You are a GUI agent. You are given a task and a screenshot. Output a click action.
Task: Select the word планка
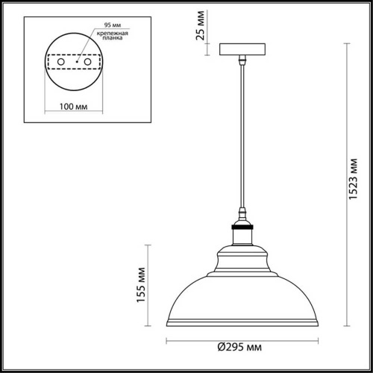(107, 43)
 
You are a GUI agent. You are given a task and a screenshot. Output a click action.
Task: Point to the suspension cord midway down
(242, 134)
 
